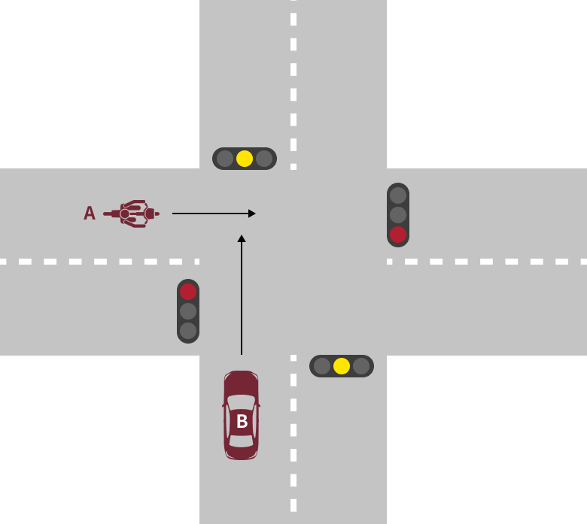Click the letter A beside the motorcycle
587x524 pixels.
[90, 214]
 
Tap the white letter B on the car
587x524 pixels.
[242, 421]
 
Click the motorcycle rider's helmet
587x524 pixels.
[125, 214]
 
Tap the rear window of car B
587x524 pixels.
[242, 441]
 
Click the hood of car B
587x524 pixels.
[242, 383]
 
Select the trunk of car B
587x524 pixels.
[242, 453]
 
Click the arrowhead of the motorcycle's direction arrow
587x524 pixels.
[252, 214]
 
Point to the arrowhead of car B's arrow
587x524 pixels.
[242, 238]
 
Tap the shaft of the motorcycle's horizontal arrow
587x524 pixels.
[211, 214]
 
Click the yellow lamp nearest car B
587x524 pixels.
[342, 366]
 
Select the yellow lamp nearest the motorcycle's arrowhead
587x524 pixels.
[245, 159]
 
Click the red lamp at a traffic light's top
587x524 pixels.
[188, 292]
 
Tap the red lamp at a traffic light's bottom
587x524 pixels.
[398, 235]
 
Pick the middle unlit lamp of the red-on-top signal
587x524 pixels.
[188, 311]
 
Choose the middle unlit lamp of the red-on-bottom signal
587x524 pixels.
[398, 215]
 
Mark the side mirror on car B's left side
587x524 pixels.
[224, 405]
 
